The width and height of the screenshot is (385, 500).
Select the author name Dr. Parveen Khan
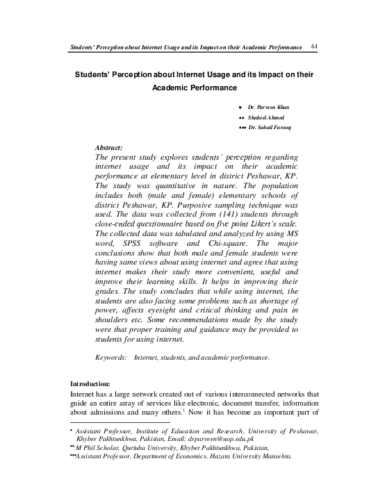tap(272, 109)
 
